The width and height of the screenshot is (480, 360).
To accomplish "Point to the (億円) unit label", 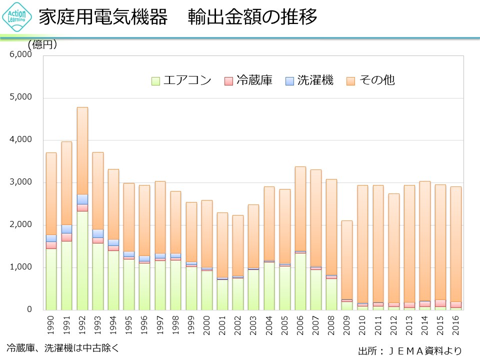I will (42, 45).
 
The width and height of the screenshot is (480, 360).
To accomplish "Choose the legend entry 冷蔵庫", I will (248, 80).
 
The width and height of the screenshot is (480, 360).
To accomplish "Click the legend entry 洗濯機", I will (309, 80).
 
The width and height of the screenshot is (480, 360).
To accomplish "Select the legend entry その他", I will (371, 80).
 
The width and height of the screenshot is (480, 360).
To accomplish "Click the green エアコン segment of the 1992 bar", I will (82, 260).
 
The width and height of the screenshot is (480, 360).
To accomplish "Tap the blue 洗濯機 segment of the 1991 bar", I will (66, 229).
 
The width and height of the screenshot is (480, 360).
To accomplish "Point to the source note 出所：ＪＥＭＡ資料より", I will (409, 351).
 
